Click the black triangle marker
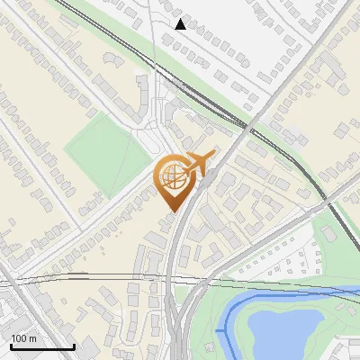pyautogui.click(x=181, y=24)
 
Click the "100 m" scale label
pyautogui.click(x=24, y=338)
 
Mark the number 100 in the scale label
pyautogui.click(x=20, y=338)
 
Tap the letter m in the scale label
pyautogui.click(x=33, y=338)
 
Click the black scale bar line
pyautogui.click(x=42, y=346)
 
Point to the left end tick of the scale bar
pyautogui.click(x=11, y=345)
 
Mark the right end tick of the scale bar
pyautogui.click(x=74, y=345)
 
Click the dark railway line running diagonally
pyautogui.click(x=288, y=153)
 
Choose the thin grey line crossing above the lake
pyautogui.click(x=270, y=287)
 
